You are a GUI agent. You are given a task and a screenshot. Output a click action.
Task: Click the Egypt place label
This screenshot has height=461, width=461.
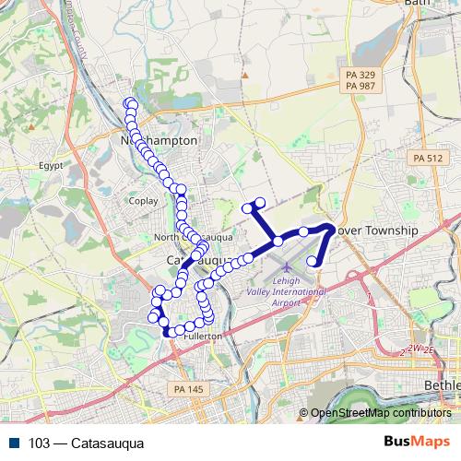(x=51, y=166)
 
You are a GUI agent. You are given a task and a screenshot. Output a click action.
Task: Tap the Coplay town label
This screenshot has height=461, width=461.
(x=144, y=200)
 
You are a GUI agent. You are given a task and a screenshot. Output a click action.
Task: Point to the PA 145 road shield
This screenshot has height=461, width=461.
(x=187, y=391)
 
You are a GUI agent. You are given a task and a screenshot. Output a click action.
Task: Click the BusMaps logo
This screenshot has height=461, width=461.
(x=416, y=442)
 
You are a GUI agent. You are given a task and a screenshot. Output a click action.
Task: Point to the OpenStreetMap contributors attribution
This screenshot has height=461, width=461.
(x=380, y=413)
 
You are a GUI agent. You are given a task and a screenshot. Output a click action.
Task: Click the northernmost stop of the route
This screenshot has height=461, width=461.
(x=130, y=103)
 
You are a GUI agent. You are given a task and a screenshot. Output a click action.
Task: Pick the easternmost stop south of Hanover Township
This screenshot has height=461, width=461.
(x=313, y=262)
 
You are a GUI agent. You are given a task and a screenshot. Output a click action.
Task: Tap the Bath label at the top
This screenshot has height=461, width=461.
(x=419, y=4)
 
